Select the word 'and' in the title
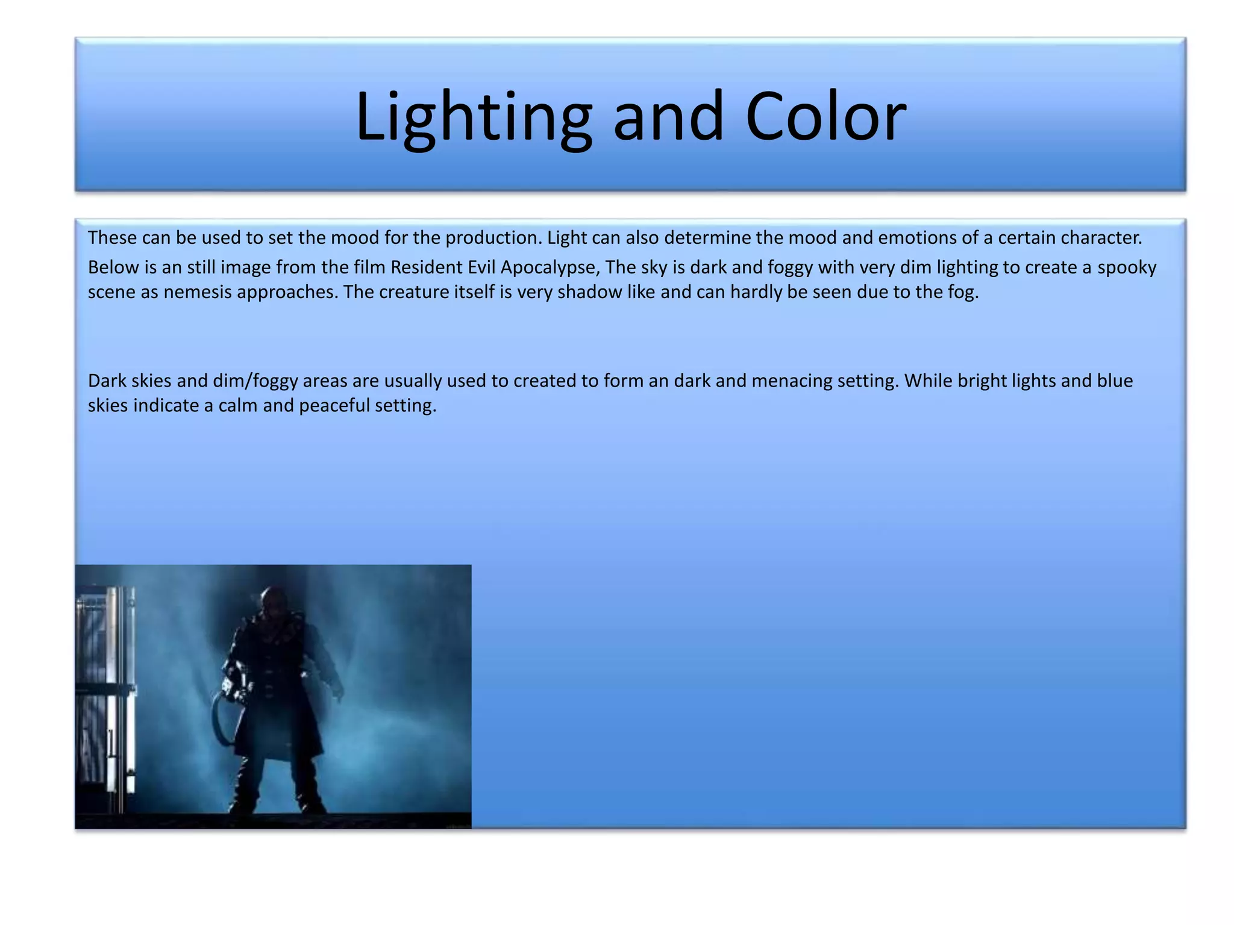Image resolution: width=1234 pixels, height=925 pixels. pyautogui.click(x=668, y=116)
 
